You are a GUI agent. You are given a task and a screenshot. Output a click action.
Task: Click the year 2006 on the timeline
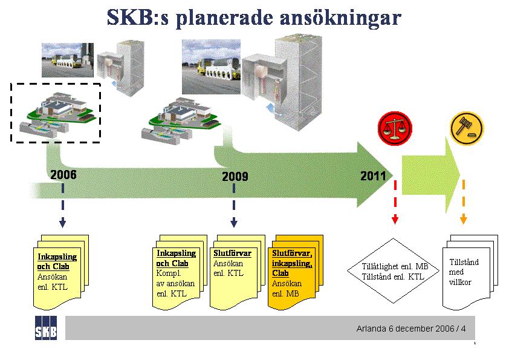[x=63, y=175]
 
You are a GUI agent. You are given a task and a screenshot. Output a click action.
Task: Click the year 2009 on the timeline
[x=235, y=177]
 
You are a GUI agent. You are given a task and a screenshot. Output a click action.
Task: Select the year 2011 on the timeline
[x=374, y=176]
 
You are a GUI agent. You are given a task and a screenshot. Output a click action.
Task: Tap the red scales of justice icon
[x=395, y=128]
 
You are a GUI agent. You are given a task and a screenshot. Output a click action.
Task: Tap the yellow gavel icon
[x=467, y=128]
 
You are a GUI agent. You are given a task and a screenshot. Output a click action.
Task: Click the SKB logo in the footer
[x=46, y=328]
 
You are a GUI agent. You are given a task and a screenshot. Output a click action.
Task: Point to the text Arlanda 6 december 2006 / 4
[x=410, y=329]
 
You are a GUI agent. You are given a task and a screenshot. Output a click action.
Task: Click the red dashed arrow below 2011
[x=395, y=202]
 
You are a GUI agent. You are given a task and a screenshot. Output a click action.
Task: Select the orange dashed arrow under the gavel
[x=464, y=202]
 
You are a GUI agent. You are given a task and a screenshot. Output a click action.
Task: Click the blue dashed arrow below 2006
[x=63, y=205]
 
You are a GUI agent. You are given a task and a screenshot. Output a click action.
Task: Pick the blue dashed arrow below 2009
[x=234, y=205]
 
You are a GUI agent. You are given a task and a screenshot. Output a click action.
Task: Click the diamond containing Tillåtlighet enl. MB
[x=394, y=270]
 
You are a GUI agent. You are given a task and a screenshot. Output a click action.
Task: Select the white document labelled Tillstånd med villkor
[x=470, y=272]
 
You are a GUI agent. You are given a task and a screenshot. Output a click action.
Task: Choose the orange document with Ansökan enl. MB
[x=295, y=271]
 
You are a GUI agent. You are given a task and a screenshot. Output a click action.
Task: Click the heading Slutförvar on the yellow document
[x=232, y=254]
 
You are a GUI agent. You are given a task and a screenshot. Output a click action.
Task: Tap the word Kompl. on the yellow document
[x=169, y=273]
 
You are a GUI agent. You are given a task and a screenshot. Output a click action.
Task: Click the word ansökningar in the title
[x=340, y=18]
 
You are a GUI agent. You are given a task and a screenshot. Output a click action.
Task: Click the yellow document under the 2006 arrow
[x=61, y=272]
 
